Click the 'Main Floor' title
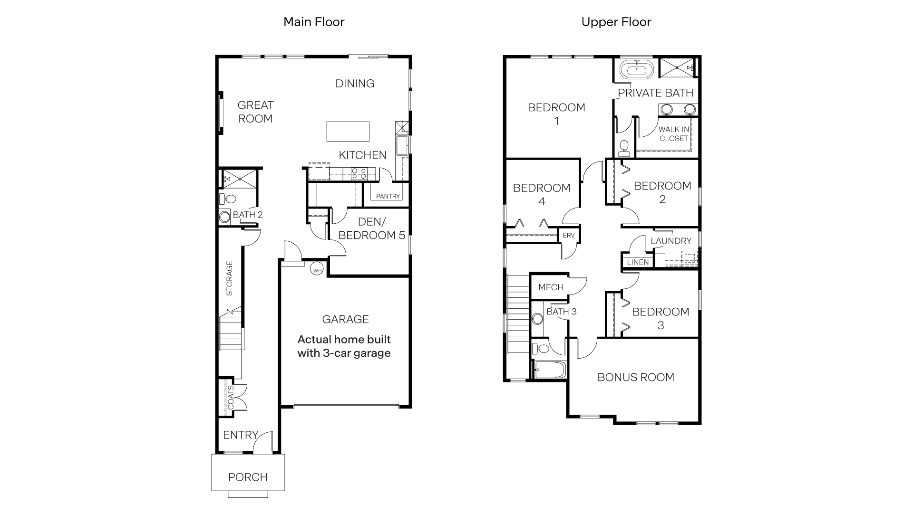[313, 22]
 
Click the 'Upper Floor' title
[616, 22]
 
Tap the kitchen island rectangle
[348, 132]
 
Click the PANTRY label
[388, 196]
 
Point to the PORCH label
[248, 477]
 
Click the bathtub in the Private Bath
[636, 71]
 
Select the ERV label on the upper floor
[568, 236]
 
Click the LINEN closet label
[637, 262]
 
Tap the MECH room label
[551, 287]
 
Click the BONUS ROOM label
[635, 377]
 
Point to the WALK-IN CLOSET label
[673, 134]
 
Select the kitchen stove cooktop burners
[359, 174]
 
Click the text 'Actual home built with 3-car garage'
[344, 346]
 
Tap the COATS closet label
[231, 397]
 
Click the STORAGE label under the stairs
[230, 278]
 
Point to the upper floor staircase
[518, 313]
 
